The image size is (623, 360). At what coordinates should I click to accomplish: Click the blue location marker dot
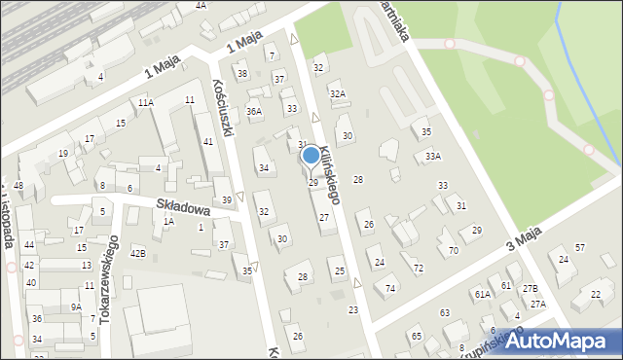[x=311, y=155]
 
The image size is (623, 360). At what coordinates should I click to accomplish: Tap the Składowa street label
[x=183, y=207]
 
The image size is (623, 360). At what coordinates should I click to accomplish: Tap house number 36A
[x=254, y=112]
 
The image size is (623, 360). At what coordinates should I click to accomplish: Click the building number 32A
[x=337, y=93]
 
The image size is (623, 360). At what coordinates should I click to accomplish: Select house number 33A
[x=432, y=156]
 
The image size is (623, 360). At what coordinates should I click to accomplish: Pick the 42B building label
[x=137, y=254]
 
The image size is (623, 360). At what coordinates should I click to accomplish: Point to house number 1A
[x=168, y=222]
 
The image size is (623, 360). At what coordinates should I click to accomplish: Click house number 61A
[x=482, y=293]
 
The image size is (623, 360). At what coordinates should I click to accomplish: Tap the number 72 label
[x=419, y=268]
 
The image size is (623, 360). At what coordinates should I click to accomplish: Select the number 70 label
[x=454, y=251]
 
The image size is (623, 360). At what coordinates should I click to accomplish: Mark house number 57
[x=579, y=248]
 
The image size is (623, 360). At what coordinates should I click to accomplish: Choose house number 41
[x=207, y=142]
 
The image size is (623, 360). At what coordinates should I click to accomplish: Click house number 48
[x=18, y=185]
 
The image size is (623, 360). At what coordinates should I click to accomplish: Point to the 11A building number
[x=145, y=102]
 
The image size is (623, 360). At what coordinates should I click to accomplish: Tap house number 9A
[x=75, y=307]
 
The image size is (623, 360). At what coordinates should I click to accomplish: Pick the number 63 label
[x=444, y=313]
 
